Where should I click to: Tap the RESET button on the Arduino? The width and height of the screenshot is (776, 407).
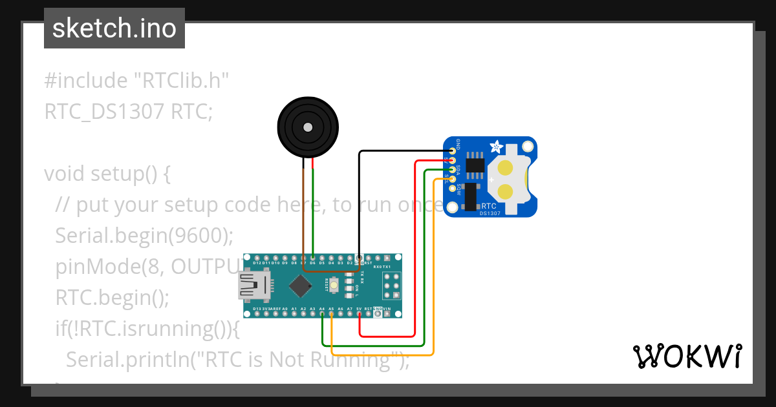point(334,285)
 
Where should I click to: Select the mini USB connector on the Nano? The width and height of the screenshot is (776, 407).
point(253,286)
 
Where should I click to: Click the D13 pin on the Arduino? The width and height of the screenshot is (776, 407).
point(257,315)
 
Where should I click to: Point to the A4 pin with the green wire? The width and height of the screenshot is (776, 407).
point(322,315)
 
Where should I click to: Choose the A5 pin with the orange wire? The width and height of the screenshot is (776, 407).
point(331,315)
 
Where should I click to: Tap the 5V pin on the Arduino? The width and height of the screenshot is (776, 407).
point(359,315)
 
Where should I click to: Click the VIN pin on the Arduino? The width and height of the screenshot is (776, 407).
point(387,315)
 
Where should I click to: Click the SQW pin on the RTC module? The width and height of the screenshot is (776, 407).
point(452,189)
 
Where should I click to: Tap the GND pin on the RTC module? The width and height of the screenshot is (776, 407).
point(452,151)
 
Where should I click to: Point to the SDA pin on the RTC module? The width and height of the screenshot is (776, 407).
point(452,169)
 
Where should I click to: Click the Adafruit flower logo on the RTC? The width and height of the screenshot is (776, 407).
point(496,147)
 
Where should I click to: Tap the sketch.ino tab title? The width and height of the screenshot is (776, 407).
point(114,28)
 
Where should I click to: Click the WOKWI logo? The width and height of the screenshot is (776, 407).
point(687,356)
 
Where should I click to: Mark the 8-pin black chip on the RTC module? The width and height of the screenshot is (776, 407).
point(475,163)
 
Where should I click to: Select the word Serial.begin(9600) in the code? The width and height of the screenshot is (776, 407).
point(144,236)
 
